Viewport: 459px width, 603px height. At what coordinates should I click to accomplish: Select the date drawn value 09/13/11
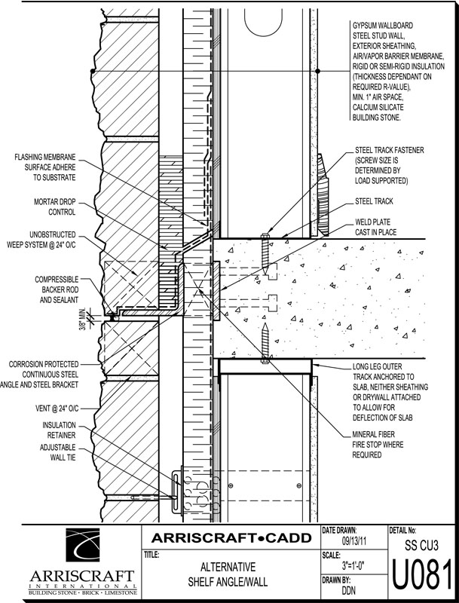(x=354, y=540)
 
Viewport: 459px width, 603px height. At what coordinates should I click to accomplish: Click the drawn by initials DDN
(x=349, y=591)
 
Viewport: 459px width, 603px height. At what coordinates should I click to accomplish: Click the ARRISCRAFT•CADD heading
(x=231, y=538)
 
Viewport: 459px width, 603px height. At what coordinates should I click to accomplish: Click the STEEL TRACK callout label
(x=374, y=202)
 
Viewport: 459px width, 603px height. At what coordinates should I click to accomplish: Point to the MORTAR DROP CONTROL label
(x=52, y=208)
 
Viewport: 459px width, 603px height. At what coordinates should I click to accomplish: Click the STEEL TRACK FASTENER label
(x=389, y=166)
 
